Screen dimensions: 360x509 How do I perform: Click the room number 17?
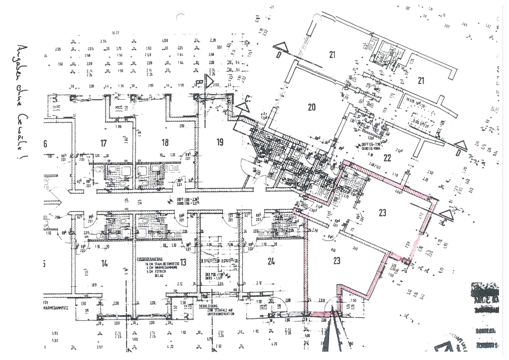pyautogui.click(x=104, y=143)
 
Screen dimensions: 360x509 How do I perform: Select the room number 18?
pyautogui.click(x=164, y=143)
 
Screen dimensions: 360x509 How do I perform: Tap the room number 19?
pyautogui.click(x=220, y=142)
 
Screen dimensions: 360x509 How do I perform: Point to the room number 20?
pyautogui.click(x=312, y=106)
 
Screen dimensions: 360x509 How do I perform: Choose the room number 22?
pyautogui.click(x=387, y=157)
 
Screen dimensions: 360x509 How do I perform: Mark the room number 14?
pyautogui.click(x=104, y=263)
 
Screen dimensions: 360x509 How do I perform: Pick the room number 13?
pyautogui.click(x=183, y=262)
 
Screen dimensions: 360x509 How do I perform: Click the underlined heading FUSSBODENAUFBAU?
pyautogui.click(x=152, y=259)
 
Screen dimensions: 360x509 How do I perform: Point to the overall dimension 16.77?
pyautogui.click(x=116, y=33)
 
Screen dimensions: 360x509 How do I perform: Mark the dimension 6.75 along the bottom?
pyautogui.click(x=209, y=339)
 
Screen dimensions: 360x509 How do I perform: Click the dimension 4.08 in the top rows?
pyautogui.click(x=165, y=41)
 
